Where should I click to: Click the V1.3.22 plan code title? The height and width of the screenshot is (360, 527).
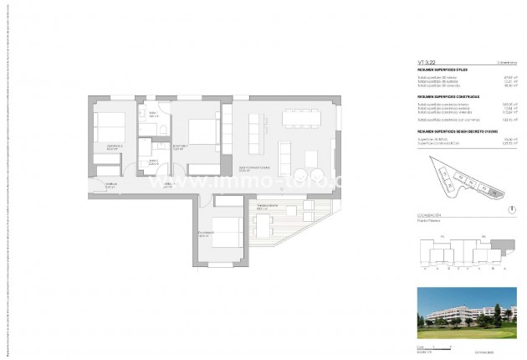427,61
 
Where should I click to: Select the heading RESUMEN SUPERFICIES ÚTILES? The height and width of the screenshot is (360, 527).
443,69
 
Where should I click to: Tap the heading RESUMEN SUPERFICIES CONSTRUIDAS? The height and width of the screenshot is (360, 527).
448,96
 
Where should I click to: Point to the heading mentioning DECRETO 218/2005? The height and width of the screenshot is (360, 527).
452,131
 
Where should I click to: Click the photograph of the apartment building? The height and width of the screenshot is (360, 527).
464,316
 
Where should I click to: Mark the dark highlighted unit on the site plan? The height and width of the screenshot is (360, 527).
494,194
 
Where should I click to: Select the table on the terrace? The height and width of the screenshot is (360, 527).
265,225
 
